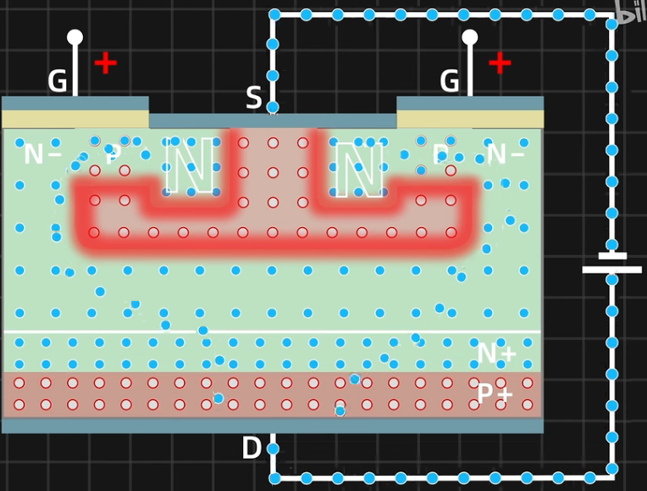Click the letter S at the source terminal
253,98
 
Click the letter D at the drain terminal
252,448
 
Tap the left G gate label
57,81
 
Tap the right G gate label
450,81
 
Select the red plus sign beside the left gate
105,63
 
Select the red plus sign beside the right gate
500,63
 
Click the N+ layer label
497,353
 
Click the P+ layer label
495,393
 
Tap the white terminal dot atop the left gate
75,36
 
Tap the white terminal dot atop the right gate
469,36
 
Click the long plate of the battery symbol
611,270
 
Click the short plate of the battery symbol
611,255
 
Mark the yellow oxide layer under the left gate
75,119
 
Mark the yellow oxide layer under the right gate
470,119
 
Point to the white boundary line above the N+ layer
271,332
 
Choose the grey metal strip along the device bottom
271,425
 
